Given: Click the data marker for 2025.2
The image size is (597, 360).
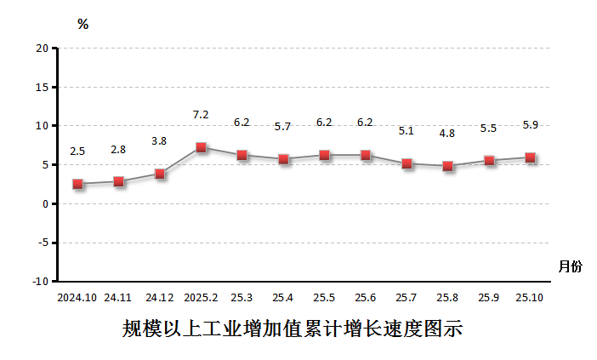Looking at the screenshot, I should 201,147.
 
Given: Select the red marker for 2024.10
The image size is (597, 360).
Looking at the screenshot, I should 77,184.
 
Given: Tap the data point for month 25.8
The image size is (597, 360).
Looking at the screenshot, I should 447,166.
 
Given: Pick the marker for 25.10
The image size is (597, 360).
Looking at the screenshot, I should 530,157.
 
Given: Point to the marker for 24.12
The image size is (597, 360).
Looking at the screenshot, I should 160,174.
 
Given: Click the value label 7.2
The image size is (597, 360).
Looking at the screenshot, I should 201,114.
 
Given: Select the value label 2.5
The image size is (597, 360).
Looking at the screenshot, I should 77,151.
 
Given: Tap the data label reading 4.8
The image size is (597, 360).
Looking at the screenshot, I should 447,134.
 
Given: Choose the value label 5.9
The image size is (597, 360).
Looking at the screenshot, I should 530,124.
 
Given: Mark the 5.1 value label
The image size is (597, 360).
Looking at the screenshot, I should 407,131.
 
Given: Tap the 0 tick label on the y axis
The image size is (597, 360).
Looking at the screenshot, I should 44,203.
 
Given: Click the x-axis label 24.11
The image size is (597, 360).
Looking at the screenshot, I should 118,298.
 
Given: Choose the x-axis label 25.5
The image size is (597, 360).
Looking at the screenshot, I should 324,298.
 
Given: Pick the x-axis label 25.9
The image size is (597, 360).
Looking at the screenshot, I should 489,298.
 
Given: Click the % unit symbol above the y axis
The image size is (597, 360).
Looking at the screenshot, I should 82,24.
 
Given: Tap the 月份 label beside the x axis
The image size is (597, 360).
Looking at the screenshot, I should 571,266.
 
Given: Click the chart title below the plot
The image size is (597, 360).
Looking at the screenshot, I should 292,329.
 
